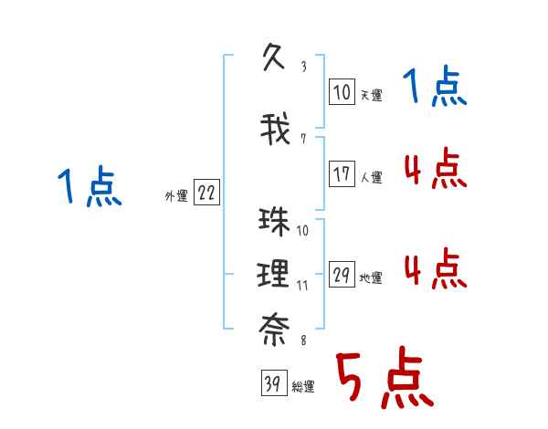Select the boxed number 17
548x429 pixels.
click(x=342, y=174)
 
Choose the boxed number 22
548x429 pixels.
click(x=206, y=193)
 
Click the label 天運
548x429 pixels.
click(x=370, y=94)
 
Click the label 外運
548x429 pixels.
click(x=175, y=195)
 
